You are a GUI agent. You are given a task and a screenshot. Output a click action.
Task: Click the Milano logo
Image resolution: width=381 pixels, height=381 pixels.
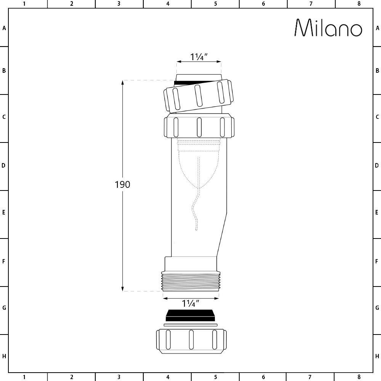(328, 28)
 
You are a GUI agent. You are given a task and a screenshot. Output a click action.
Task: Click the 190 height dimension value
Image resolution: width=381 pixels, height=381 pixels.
(122, 184)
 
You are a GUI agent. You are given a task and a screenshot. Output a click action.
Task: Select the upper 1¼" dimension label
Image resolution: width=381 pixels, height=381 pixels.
(199, 57)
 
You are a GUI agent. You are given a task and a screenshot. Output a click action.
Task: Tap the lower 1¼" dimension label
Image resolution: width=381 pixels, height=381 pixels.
(191, 303)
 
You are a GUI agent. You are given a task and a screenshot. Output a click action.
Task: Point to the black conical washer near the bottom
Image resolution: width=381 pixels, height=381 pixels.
(190, 315)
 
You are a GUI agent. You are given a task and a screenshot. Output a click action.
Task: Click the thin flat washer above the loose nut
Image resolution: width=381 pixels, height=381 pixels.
(190, 325)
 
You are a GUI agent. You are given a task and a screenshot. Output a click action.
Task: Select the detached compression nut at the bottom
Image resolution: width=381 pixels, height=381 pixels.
(191, 341)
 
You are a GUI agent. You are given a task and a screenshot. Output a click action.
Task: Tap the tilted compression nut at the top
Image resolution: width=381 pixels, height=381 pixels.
(199, 96)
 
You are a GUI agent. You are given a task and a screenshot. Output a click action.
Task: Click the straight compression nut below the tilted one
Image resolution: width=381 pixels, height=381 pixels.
(199, 127)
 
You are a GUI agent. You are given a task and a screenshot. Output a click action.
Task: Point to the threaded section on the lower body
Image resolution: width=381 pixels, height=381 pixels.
(191, 282)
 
